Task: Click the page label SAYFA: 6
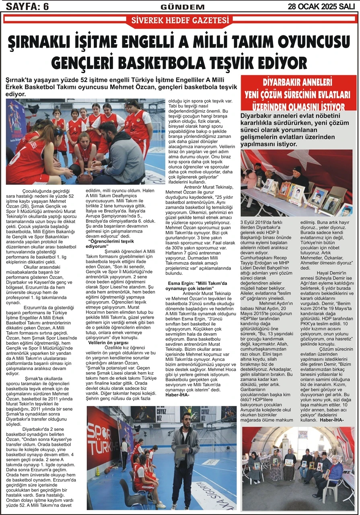26,6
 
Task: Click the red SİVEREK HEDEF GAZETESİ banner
180,20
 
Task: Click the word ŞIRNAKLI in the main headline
48,42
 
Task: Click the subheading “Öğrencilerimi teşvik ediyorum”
110,244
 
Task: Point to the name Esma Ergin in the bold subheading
181,283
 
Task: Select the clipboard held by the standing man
181,452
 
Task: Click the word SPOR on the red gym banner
97,431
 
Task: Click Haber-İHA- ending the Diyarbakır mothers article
332,420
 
